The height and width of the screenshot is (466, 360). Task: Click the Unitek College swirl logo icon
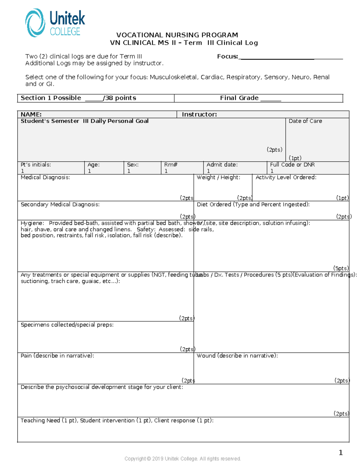35,23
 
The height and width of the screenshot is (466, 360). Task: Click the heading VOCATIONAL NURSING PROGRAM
177,35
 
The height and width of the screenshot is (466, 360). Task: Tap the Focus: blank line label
227,56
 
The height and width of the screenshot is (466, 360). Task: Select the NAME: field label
31,114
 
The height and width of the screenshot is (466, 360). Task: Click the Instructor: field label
199,114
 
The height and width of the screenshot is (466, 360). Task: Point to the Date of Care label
305,121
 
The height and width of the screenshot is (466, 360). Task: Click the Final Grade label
239,98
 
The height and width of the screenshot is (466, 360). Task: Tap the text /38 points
119,98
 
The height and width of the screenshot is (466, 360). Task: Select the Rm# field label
171,164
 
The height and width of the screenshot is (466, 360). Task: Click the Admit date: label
222,164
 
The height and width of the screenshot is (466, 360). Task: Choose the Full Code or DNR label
292,164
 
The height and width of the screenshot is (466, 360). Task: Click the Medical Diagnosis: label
45,177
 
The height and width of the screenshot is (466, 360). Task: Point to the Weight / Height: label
218,177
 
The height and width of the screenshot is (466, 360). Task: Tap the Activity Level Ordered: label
286,177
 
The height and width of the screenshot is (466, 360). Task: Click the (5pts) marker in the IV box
341,268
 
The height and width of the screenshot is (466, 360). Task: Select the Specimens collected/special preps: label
67,325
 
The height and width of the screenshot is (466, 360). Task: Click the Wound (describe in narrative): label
237,356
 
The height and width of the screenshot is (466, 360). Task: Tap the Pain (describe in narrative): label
57,356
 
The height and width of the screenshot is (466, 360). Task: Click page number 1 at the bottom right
340,452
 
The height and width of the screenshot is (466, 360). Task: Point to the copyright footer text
182,458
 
